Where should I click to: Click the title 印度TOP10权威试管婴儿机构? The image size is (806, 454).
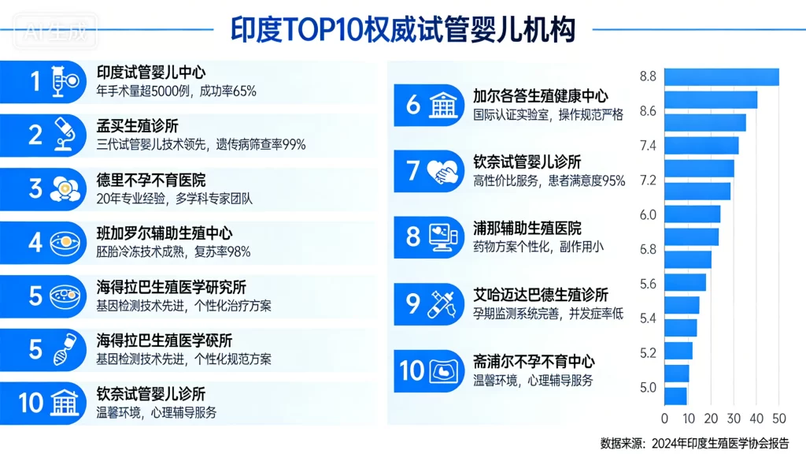(x=402, y=29)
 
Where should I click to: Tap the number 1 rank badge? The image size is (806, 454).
(x=35, y=81)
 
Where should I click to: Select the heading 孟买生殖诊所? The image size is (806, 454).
(x=137, y=126)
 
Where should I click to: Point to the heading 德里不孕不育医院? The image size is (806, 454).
(x=150, y=180)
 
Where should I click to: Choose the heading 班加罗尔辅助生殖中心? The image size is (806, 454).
(x=165, y=233)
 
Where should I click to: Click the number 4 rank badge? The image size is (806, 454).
(x=35, y=242)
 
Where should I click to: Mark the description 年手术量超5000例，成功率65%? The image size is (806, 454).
(x=176, y=91)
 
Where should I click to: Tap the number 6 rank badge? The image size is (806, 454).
(x=413, y=104)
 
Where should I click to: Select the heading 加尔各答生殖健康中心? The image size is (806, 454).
(x=540, y=96)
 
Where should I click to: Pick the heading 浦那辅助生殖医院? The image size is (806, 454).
(x=527, y=229)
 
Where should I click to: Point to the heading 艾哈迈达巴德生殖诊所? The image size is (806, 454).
(x=540, y=295)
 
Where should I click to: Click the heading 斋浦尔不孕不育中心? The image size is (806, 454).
(x=533, y=362)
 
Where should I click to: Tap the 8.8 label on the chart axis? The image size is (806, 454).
(x=648, y=76)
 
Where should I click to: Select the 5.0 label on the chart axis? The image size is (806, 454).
(x=648, y=387)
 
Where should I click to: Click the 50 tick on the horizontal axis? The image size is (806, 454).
(x=778, y=418)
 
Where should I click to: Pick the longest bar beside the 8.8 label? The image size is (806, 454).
(x=721, y=77)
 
